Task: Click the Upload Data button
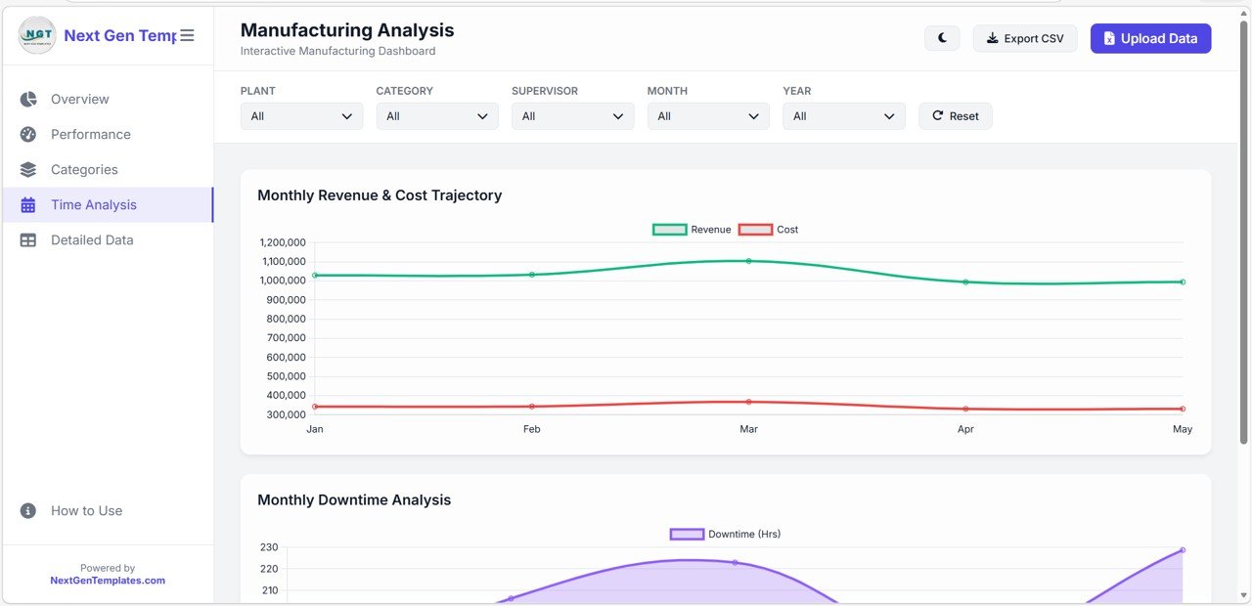[1150, 38]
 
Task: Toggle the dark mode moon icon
[942, 38]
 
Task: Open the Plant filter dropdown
[301, 116]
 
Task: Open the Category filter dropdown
[437, 116]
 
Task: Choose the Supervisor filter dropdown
[572, 116]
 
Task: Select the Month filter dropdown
[708, 116]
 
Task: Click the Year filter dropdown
[843, 116]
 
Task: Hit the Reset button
[955, 116]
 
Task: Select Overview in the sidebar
[79, 99]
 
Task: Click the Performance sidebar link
[90, 134]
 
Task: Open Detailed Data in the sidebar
[92, 239]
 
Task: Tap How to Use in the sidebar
[86, 510]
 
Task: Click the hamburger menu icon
[187, 35]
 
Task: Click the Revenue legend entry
[693, 230]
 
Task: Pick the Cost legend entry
[769, 230]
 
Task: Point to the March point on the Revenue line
[748, 261]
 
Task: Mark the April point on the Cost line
[965, 409]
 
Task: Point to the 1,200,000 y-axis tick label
[283, 242]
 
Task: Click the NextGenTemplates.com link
[108, 581]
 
